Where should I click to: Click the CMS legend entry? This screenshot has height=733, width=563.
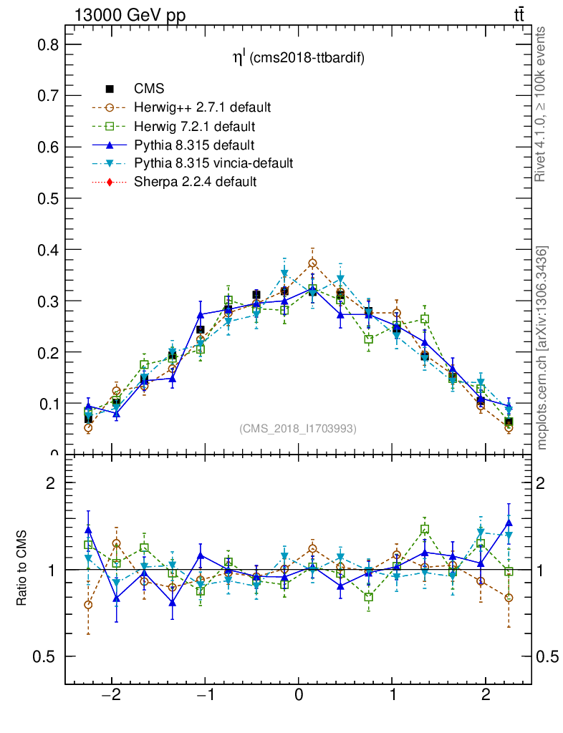[x=149, y=89]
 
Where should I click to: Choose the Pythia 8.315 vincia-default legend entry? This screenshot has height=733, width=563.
[x=213, y=163]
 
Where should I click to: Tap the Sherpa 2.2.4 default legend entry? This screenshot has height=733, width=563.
[x=195, y=182]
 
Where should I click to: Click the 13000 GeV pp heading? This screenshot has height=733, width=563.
[x=130, y=16]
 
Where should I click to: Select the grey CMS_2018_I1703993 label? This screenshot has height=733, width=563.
[x=298, y=428]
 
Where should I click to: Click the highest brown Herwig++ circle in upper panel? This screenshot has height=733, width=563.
[x=312, y=263]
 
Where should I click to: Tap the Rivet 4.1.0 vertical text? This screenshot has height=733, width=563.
[x=542, y=104]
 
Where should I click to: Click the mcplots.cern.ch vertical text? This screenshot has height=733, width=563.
[x=542, y=347]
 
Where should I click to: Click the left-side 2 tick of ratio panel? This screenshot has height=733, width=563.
[x=50, y=482]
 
